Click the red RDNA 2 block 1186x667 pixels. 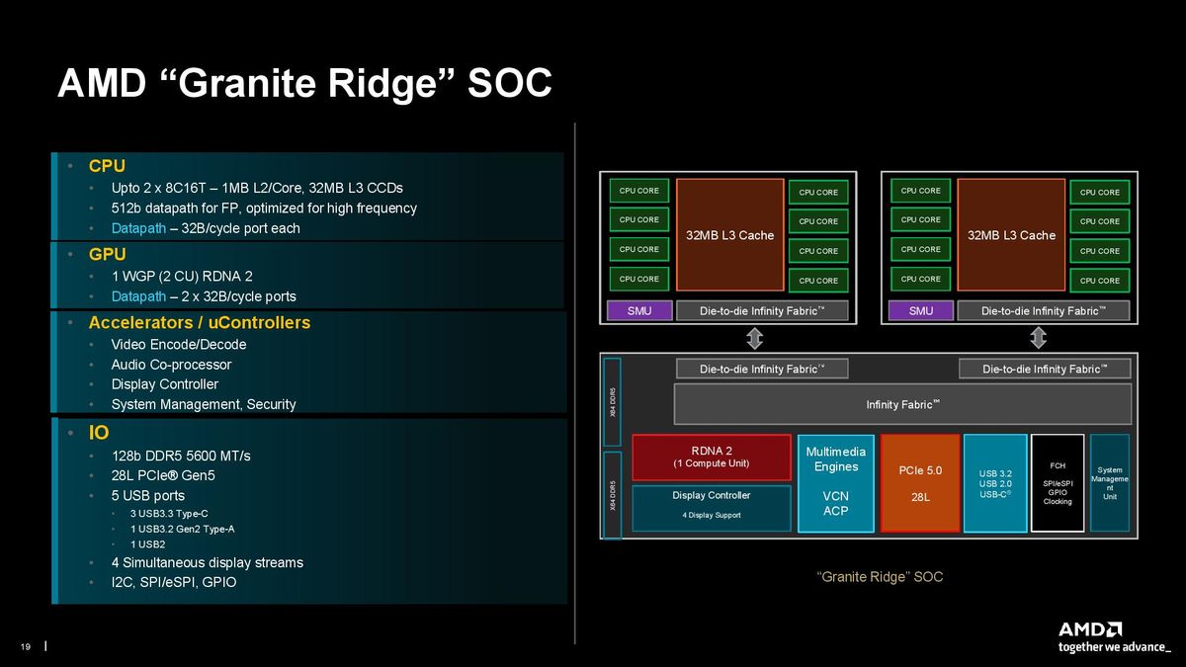tap(712, 457)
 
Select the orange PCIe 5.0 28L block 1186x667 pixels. tap(919, 483)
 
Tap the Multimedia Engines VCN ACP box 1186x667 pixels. tap(835, 483)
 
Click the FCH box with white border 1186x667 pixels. tap(1057, 483)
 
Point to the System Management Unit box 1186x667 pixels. tap(1109, 483)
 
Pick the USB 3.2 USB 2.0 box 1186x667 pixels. tap(994, 483)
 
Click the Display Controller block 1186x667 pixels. tap(712, 508)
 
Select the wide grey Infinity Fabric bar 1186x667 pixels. tap(901, 404)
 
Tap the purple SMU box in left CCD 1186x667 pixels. tap(638, 310)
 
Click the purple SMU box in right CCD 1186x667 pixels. tap(920, 310)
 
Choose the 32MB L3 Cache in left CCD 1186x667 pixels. tap(729, 235)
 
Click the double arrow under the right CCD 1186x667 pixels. tap(1038, 339)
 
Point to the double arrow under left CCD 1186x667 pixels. tap(754, 339)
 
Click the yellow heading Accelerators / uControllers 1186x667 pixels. tap(199, 323)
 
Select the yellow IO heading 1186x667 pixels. tap(99, 433)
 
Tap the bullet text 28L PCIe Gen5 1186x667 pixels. tap(163, 475)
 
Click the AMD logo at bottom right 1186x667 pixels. tap(1090, 629)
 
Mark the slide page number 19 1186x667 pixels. tap(26, 647)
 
